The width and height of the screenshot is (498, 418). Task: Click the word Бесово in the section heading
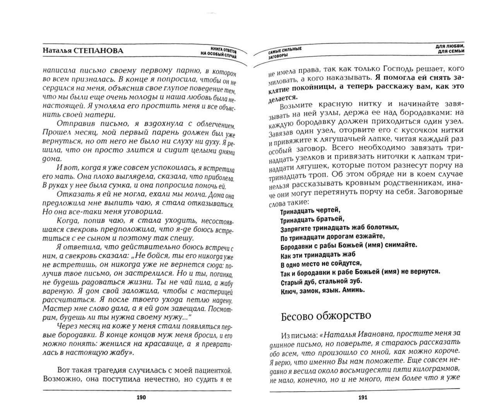(296, 315)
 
